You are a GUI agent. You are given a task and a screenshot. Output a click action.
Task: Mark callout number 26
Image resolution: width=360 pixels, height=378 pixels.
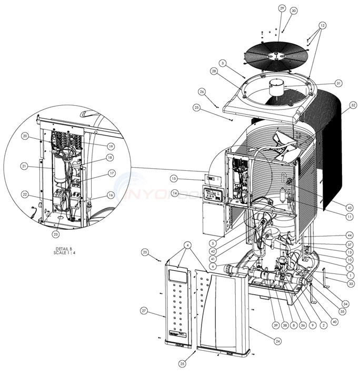coord(202,91)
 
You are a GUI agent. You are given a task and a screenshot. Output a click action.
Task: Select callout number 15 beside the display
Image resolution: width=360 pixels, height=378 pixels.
coord(174,179)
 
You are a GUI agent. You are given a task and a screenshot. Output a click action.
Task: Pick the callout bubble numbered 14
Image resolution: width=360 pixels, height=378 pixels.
coord(174,194)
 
